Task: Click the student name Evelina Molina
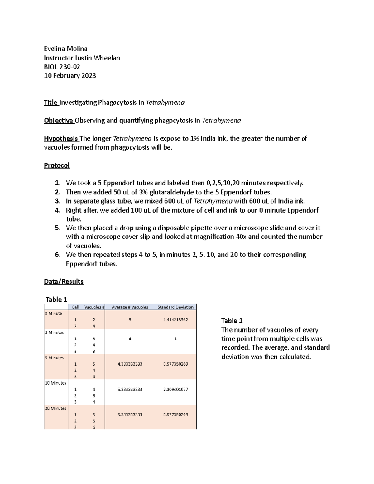coord(65,49)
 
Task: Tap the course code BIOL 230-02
coord(62,67)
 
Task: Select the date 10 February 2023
coord(70,76)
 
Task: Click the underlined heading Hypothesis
coord(61,138)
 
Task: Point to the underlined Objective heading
coord(59,121)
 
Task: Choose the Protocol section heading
coord(57,165)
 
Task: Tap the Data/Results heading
coord(64,282)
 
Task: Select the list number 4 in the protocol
coord(57,210)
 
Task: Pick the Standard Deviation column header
coord(175,307)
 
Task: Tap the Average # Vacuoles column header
coord(130,307)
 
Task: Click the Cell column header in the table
coord(75,307)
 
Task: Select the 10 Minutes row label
coord(55,383)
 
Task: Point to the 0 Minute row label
coord(54,314)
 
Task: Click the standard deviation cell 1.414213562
coord(175,320)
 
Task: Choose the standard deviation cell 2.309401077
coord(175,389)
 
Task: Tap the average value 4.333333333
coord(130,364)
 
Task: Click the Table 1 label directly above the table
coord(56,300)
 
